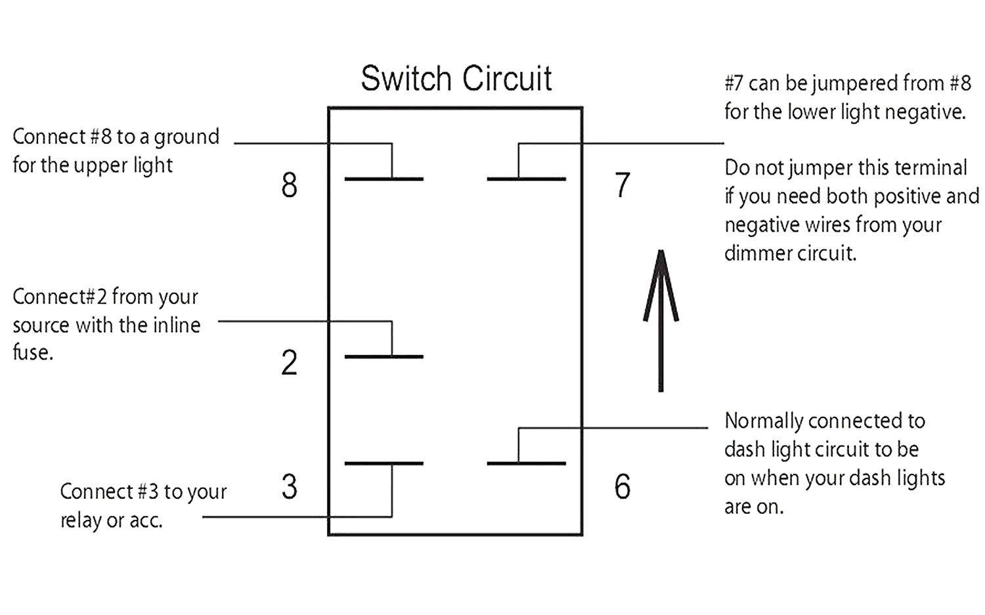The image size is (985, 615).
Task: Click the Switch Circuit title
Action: pos(456,79)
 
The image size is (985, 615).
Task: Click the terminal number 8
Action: pos(289,185)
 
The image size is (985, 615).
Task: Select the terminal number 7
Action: pos(623,185)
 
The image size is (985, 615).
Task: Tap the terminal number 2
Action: pos(289,363)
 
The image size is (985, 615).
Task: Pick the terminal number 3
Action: pos(289,486)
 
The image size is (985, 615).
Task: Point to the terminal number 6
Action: pos(623,486)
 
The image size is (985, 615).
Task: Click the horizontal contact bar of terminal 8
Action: pos(383,179)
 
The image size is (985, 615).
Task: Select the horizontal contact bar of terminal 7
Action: pos(526,179)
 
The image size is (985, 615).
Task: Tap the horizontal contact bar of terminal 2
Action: pos(383,356)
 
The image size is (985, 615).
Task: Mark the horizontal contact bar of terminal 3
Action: pos(383,463)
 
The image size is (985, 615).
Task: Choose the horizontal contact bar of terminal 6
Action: pos(526,463)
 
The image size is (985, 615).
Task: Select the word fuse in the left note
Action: pos(32,352)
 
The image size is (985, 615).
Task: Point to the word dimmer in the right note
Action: pos(755,253)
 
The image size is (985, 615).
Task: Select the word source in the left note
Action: pos(41,326)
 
